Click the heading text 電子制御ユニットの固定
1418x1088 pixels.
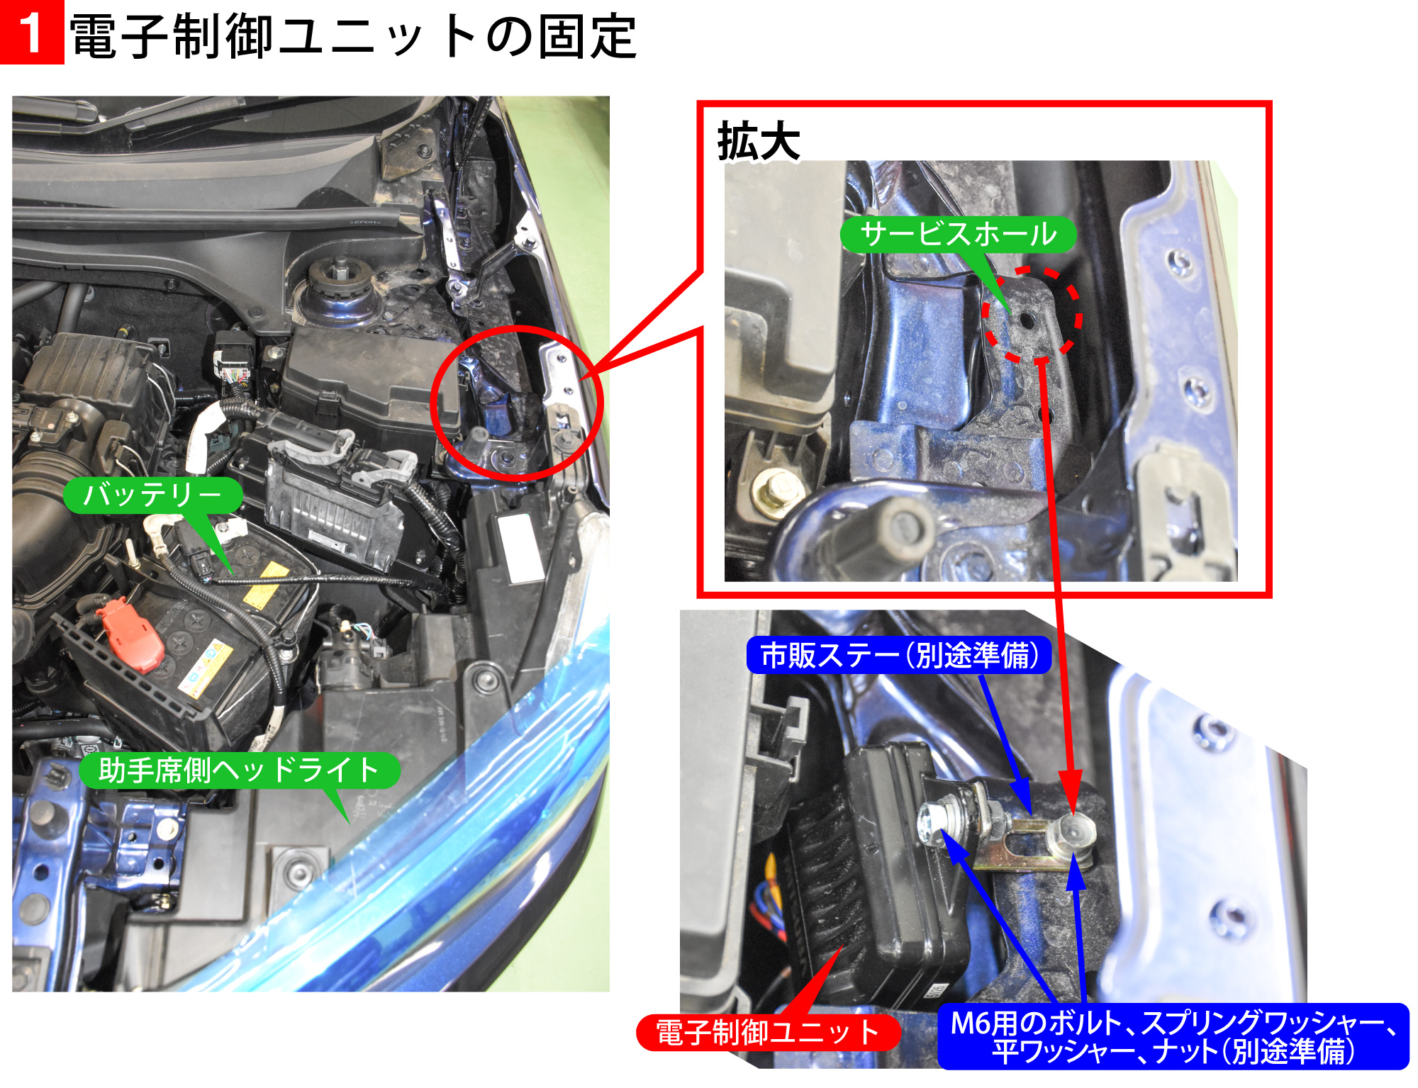point(353,36)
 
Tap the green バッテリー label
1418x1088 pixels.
point(153,494)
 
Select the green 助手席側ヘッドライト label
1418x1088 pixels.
point(239,770)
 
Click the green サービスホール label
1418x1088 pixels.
point(958,234)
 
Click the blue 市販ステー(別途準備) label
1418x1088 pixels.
point(898,656)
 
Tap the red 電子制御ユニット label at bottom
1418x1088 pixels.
point(768,1033)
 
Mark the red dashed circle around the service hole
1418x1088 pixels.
point(1032,315)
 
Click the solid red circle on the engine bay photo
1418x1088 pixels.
point(516,403)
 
